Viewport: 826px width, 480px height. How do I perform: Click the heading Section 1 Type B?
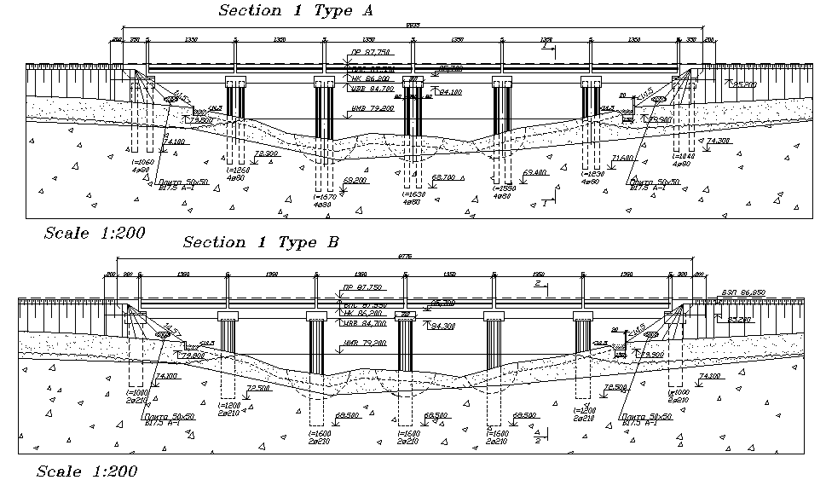tap(261, 242)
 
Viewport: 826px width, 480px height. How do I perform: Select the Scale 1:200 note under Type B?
tap(84, 471)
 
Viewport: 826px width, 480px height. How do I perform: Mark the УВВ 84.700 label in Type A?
tap(372, 88)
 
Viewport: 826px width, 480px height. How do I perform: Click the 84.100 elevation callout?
tap(449, 91)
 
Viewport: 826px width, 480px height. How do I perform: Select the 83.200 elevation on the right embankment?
tap(739, 320)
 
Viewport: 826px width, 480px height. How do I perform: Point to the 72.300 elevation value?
tap(267, 153)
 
